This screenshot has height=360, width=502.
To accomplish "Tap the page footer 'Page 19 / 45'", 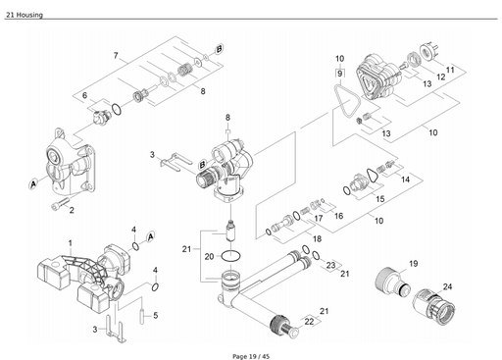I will (251, 353).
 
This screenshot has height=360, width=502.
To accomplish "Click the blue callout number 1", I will (70, 241).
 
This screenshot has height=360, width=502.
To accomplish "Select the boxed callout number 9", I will (339, 74).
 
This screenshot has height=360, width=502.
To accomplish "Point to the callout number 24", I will (447, 286).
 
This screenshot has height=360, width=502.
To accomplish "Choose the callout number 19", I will (413, 264).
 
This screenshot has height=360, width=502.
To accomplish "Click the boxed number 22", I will (310, 321).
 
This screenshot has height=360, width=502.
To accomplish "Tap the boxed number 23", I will (330, 265).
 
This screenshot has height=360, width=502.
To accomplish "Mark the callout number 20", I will (209, 256).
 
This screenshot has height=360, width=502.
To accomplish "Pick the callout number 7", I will (116, 55).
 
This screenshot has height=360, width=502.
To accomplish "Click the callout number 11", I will (450, 70).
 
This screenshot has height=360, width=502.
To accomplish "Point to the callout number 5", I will (155, 315).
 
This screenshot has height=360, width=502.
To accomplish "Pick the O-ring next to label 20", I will (231, 257).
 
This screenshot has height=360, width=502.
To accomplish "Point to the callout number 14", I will (405, 180).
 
